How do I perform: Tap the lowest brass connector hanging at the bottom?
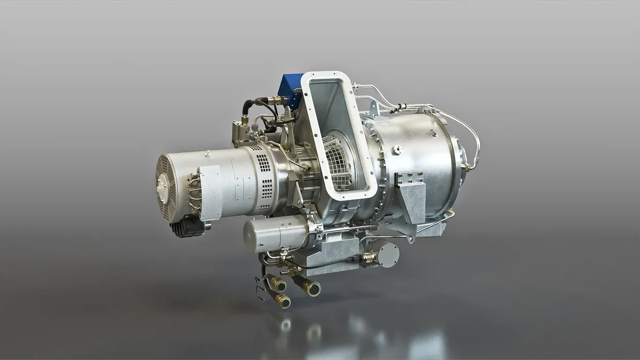pyautogui.click(x=282, y=301)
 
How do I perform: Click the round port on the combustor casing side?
pyautogui.click(x=397, y=150)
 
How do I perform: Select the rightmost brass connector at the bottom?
pyautogui.click(x=311, y=287)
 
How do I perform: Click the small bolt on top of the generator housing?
pyautogui.click(x=206, y=153)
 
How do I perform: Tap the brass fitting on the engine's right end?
pyautogui.click(x=467, y=167)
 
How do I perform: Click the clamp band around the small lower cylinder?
pyautogui.click(x=314, y=228)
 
